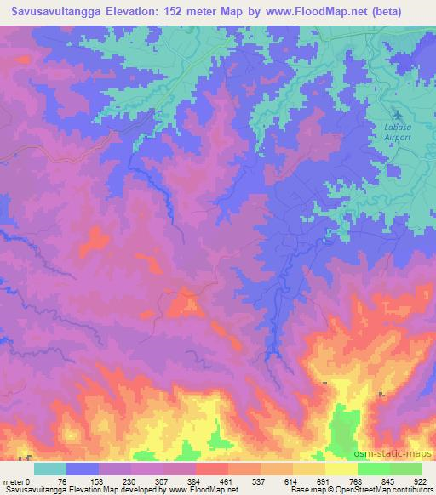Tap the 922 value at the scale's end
click(x=422, y=481)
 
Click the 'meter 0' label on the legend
click(x=17, y=481)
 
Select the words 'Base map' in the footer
click(x=304, y=491)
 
